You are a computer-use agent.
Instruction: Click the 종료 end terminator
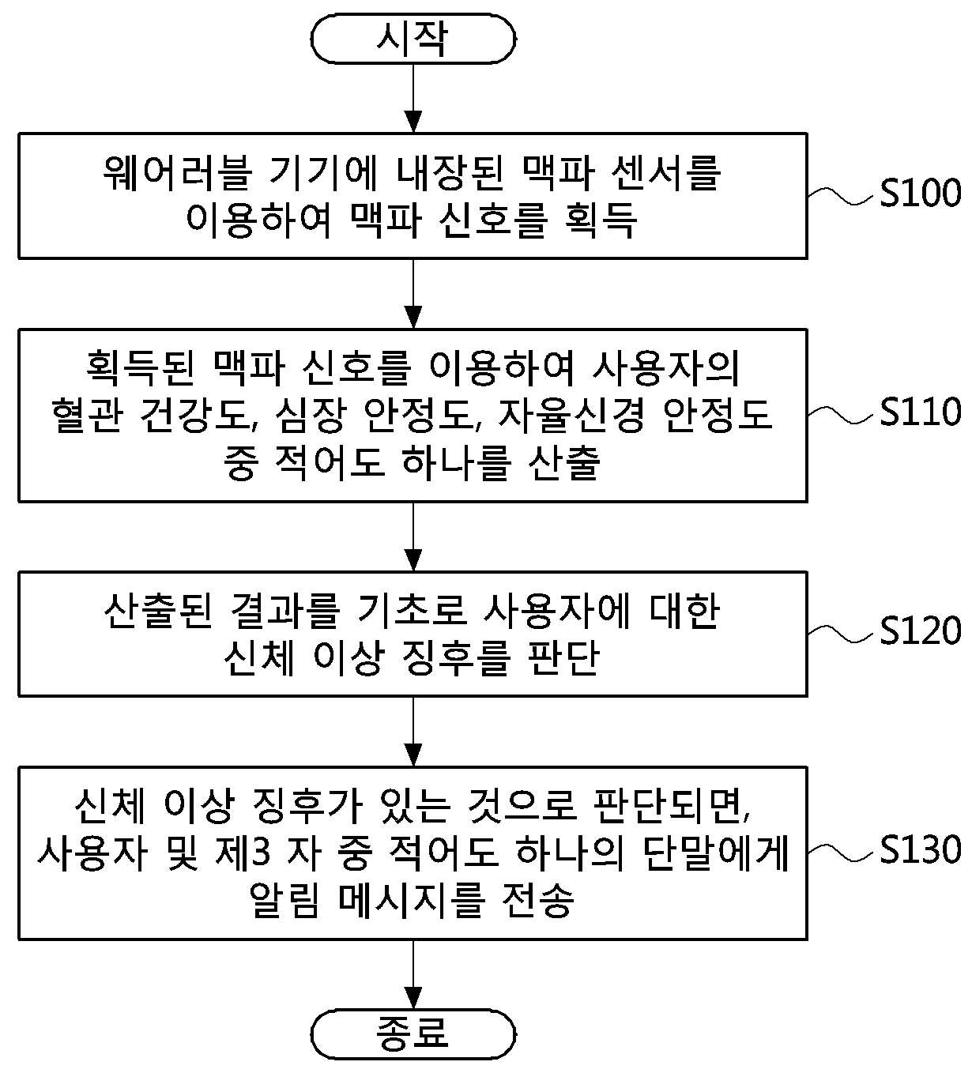413,1031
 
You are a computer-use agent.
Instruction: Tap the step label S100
920,194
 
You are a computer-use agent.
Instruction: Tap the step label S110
920,412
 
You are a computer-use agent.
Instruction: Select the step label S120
920,631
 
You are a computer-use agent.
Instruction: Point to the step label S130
920,849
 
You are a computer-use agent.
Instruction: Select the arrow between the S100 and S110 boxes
413,293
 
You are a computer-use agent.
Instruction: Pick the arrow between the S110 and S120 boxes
413,536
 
